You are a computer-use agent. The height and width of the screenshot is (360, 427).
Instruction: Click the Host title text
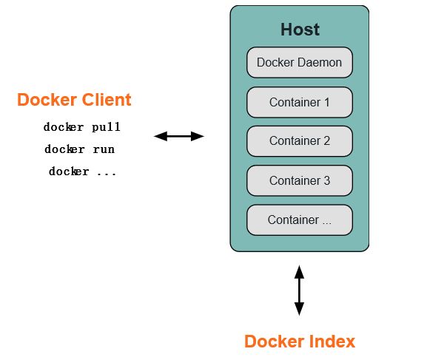[300, 30]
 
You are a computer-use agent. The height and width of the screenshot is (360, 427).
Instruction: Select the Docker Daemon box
[300, 63]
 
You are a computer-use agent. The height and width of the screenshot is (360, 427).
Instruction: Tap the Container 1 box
[300, 102]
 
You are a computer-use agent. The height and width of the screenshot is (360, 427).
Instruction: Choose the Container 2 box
[300, 141]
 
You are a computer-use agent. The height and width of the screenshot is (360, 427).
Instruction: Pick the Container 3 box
[300, 180]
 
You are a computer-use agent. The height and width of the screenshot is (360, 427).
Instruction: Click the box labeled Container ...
[300, 220]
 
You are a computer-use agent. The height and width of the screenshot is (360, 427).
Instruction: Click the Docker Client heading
[74, 100]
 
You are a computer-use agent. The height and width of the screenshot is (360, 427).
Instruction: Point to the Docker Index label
[300, 342]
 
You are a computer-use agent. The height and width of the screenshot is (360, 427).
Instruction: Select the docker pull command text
[81, 127]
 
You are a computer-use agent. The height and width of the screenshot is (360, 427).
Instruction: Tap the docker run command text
[79, 149]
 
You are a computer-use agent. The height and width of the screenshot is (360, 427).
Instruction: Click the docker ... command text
[82, 171]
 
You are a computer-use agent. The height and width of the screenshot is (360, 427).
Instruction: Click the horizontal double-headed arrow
[179, 136]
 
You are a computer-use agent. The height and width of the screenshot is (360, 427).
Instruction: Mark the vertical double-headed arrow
[299, 291]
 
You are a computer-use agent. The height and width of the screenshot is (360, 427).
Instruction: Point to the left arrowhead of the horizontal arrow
[161, 136]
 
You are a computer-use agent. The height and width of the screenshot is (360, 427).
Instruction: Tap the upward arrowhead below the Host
[299, 272]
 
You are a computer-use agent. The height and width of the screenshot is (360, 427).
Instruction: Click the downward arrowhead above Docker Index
[299, 309]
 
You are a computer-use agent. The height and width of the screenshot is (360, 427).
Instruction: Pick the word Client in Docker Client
[107, 100]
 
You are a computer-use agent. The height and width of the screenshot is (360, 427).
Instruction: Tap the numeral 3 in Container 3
[327, 180]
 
